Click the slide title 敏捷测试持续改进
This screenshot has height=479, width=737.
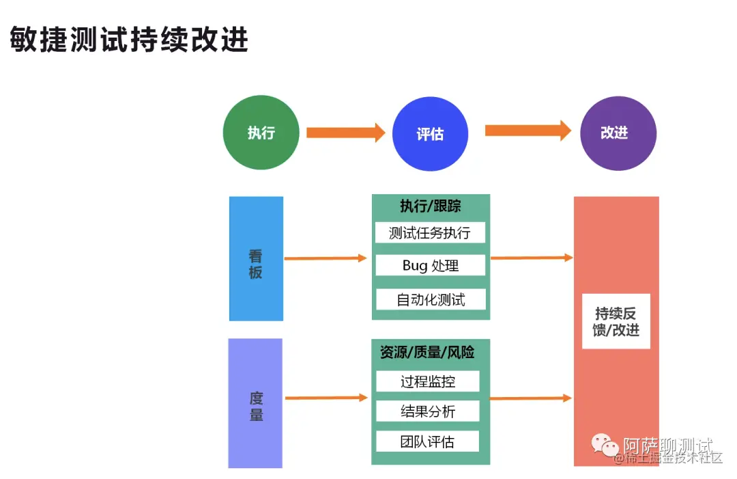point(129,40)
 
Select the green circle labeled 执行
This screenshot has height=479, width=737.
point(261,133)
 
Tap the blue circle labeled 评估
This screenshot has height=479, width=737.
point(430,134)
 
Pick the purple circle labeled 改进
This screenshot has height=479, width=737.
point(618,133)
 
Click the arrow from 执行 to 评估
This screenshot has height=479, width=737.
point(345,133)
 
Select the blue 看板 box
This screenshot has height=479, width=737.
point(256,258)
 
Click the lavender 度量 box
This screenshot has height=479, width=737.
point(255,402)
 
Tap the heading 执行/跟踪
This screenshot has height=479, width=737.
point(430,206)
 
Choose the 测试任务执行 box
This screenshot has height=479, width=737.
point(430,232)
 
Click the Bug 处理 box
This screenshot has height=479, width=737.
point(430,265)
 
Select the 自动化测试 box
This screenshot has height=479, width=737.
point(430,299)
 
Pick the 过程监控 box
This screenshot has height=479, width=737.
point(427,381)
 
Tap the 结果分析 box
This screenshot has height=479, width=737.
point(427,411)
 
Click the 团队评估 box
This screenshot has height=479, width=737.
point(427,441)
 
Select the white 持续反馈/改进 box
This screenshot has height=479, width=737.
point(616,321)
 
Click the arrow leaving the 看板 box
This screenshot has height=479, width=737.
point(326,258)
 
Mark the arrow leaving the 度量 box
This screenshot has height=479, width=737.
point(326,398)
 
